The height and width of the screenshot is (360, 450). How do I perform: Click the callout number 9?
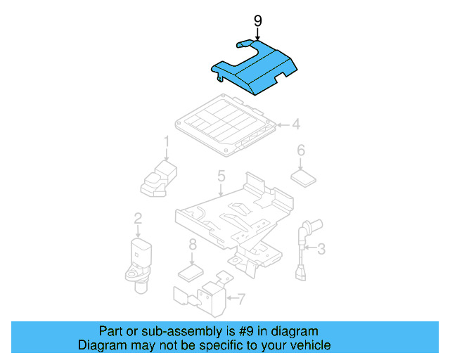point(257,21)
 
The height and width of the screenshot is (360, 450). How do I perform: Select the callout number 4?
point(296,125)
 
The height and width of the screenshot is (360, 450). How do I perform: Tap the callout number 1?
point(167,142)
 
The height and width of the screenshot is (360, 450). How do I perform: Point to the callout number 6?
point(301,150)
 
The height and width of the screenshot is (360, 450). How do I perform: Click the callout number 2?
point(138,219)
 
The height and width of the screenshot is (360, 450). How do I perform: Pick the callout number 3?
point(321,248)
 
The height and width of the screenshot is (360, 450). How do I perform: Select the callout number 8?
point(192,245)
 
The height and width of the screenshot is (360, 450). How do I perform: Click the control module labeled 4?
point(224,124)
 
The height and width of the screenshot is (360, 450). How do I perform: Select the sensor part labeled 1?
point(159,177)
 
